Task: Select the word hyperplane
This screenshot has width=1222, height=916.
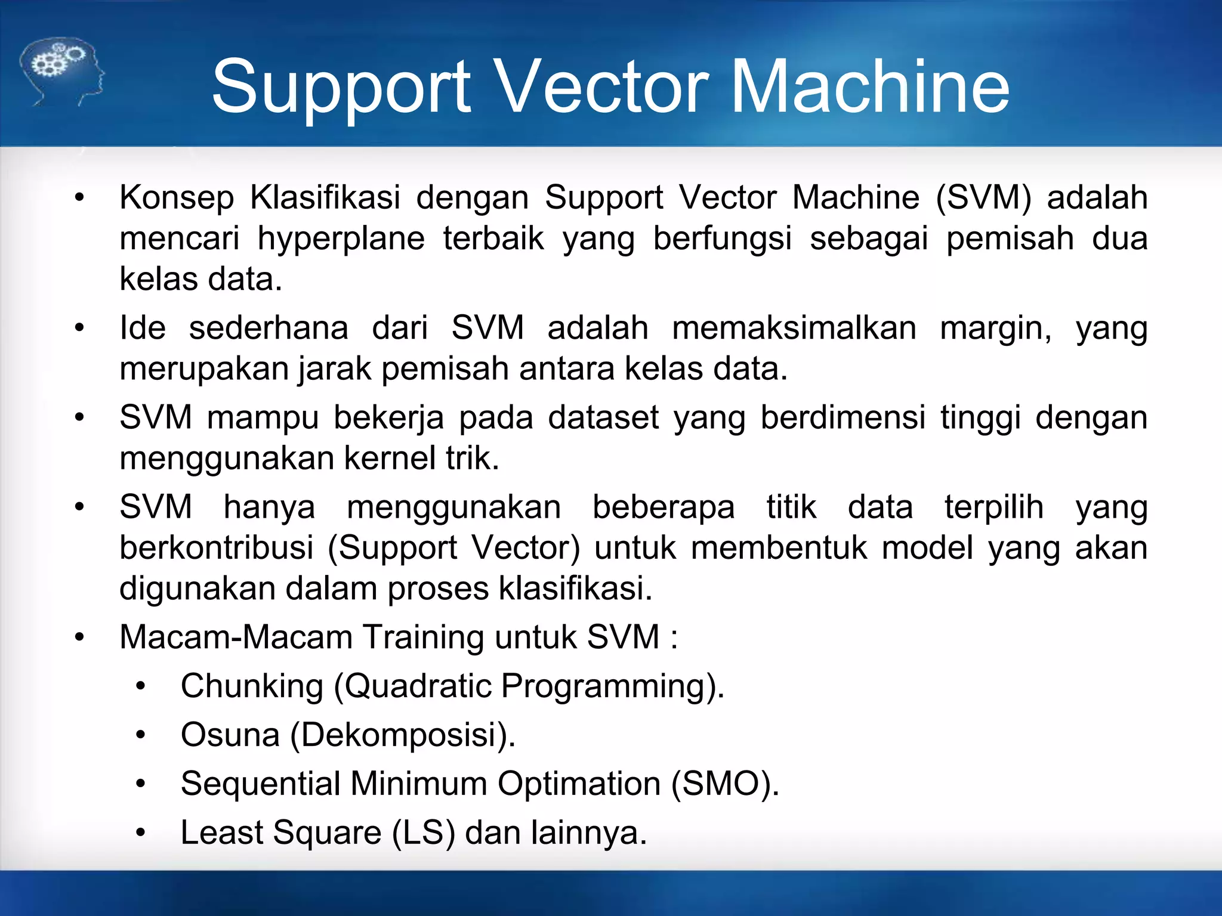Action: [x=341, y=239]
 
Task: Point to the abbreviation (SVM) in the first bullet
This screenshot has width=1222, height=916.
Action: [x=983, y=197]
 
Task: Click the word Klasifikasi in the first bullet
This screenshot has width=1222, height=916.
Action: [x=325, y=197]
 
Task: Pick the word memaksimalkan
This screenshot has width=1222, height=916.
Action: [x=794, y=328]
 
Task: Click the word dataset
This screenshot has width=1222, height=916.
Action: [x=603, y=417]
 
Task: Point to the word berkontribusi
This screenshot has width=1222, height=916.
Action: [x=216, y=548]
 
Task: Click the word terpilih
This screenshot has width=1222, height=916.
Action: [x=993, y=508]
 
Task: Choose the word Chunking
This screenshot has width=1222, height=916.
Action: [x=252, y=686]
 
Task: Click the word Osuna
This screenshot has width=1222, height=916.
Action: [x=230, y=735]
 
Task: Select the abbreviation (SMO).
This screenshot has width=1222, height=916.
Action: [x=725, y=784]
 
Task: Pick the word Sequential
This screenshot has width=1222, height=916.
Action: [x=260, y=785]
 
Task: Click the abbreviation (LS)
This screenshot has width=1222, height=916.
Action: [x=423, y=833]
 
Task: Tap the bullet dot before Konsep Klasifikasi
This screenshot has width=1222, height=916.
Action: [x=79, y=197]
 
